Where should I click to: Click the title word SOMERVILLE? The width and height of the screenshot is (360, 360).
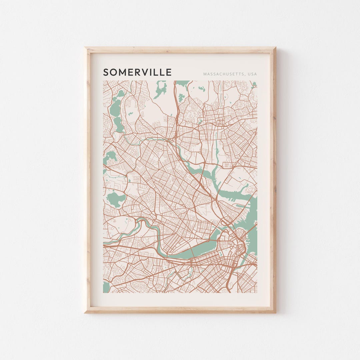coord(137,72)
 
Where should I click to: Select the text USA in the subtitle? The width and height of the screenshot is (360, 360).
coord(252,74)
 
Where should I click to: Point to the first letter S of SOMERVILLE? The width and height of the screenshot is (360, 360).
coord(106,72)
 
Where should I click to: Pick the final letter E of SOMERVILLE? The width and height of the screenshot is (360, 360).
coord(169,72)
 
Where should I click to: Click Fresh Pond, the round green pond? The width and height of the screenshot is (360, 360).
coord(115,199)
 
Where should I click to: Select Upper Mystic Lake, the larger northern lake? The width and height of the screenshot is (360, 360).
coord(115,108)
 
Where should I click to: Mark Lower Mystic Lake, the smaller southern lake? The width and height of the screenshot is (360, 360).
coord(118,125)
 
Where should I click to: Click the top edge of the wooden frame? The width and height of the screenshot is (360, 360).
coord(180,50)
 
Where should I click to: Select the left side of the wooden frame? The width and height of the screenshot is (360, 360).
coord(88,180)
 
